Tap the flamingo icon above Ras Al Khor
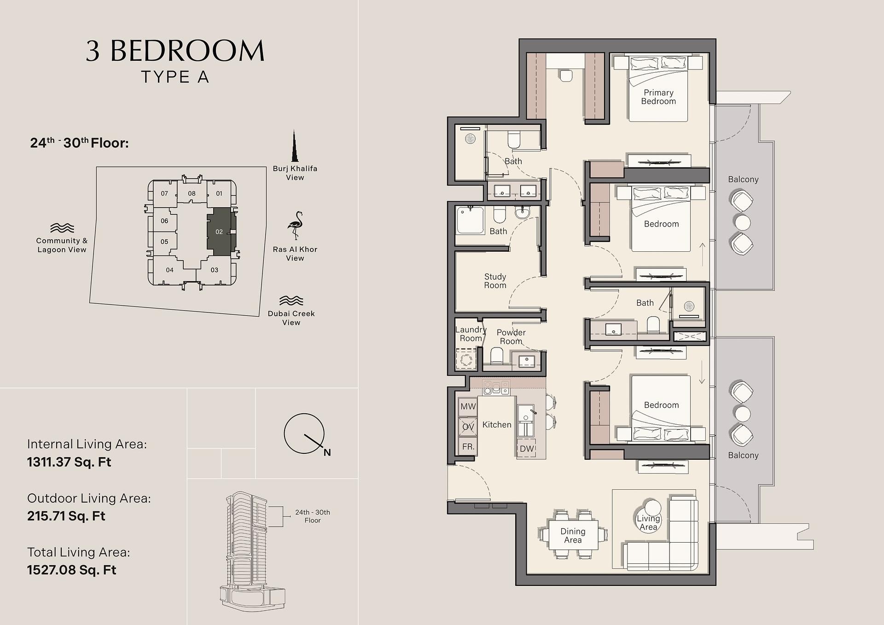[x=295, y=226]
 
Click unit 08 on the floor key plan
[x=192, y=193]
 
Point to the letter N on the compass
[x=327, y=452]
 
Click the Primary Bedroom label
[x=658, y=97]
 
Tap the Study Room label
[x=495, y=281]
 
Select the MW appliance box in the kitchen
[x=468, y=406]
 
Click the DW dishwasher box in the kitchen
[x=527, y=449]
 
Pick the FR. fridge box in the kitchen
[x=468, y=446]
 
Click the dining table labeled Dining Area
[x=573, y=535]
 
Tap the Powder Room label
[x=511, y=337]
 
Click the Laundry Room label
[x=471, y=334]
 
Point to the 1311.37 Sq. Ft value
[x=69, y=462]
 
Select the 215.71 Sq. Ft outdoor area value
[x=66, y=516]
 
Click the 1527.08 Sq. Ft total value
[x=71, y=570]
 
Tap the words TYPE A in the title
[x=175, y=77]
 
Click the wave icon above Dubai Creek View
[x=291, y=301]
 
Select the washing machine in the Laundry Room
[x=466, y=359]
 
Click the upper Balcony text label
[x=743, y=179]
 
